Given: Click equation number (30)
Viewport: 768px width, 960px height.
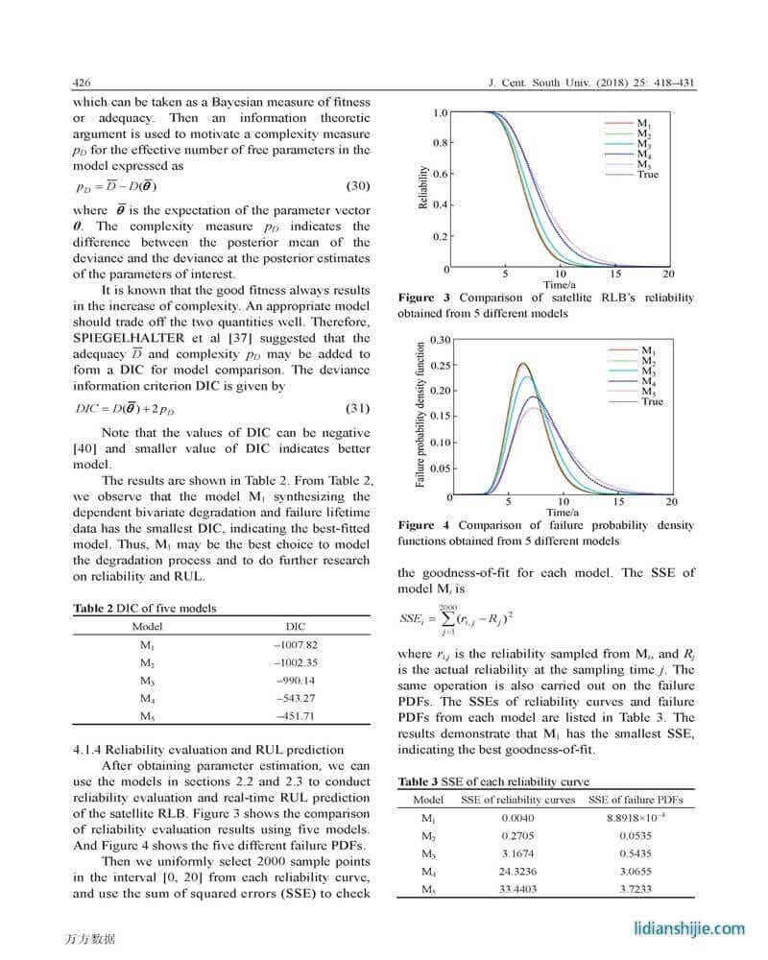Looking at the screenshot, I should (x=357, y=185).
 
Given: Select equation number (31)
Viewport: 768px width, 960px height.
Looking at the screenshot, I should (x=357, y=408).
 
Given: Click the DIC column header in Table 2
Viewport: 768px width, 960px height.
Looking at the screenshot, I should (x=295, y=626).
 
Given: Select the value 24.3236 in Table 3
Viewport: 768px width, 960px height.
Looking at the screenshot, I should (x=518, y=872).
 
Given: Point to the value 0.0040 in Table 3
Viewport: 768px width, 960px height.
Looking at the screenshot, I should (x=518, y=817).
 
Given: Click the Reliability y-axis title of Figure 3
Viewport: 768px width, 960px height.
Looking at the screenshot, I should (x=422, y=187).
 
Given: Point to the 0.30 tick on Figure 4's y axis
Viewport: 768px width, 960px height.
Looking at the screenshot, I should (x=441, y=340).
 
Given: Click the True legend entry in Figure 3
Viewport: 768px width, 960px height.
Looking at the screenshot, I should (x=648, y=175).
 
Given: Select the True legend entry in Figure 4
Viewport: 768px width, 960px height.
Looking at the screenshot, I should (x=652, y=401).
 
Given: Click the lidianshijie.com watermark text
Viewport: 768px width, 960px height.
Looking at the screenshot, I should (x=689, y=928).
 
